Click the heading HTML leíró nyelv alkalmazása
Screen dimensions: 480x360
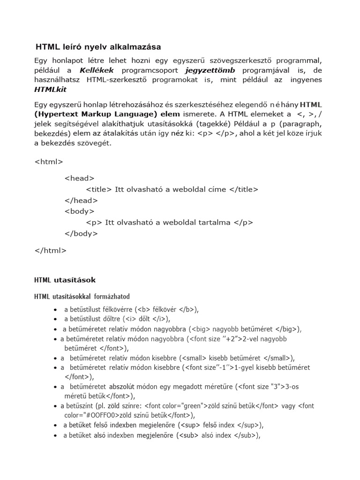tap(98, 47)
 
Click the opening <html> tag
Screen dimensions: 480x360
tap(49, 162)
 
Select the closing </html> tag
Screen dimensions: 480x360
tap(51, 250)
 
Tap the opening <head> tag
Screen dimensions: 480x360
tap(79, 178)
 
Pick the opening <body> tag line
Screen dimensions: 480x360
tap(79, 211)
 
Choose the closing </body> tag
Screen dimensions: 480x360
tap(81, 233)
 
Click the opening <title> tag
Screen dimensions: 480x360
tap(99, 189)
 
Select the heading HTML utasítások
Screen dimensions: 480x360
tap(65, 280)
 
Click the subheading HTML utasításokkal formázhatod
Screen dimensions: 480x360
tap(82, 297)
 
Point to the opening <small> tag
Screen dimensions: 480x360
tap(193, 358)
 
